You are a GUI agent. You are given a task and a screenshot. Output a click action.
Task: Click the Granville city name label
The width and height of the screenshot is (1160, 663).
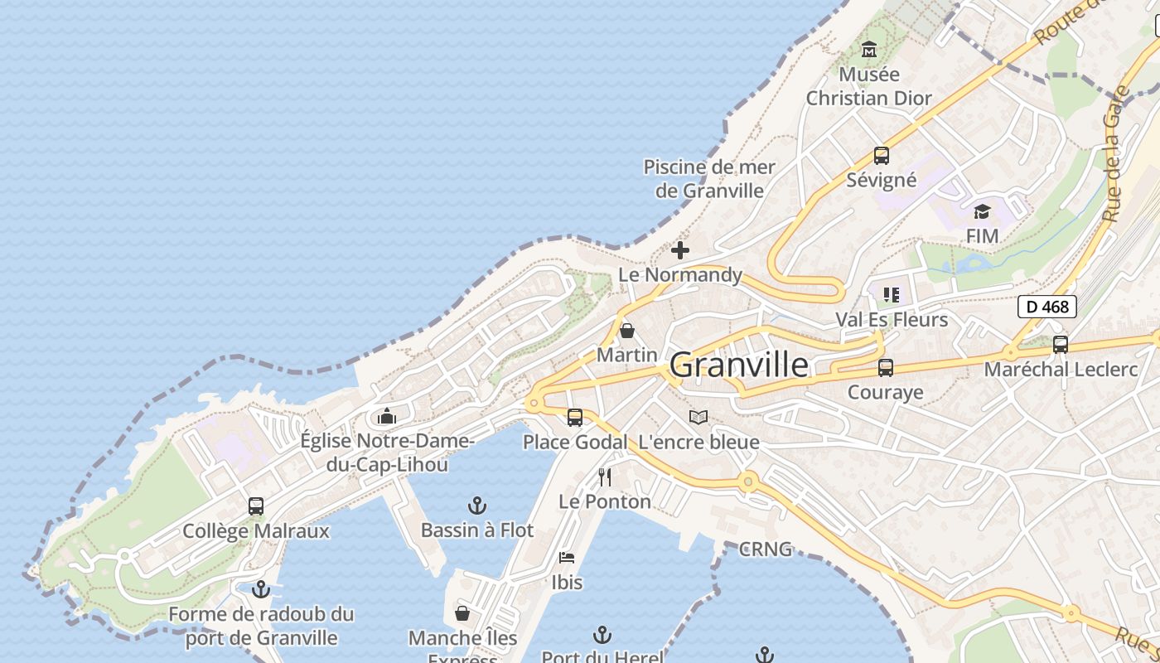point(738,365)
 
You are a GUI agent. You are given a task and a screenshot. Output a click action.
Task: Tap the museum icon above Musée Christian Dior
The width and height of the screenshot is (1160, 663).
point(869,50)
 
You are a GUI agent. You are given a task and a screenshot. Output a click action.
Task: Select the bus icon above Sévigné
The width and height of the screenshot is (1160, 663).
point(882,156)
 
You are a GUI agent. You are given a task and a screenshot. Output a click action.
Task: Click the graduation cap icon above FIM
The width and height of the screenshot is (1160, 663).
point(982,212)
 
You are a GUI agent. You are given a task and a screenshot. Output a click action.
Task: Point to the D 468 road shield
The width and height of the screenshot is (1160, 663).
point(1047,307)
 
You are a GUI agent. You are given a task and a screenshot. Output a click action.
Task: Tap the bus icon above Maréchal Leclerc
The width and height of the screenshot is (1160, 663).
point(1061,345)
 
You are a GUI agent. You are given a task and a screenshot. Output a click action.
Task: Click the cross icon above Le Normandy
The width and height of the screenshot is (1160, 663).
point(680,250)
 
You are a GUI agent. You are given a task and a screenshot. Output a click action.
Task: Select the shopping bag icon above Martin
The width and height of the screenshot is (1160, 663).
point(627,331)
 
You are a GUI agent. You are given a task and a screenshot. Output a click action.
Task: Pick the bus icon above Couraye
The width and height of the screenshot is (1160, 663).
point(886,368)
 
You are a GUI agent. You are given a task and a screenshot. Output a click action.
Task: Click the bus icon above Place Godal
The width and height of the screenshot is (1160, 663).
point(575,418)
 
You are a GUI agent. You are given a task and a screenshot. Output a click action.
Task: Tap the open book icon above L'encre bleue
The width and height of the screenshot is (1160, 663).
point(699,418)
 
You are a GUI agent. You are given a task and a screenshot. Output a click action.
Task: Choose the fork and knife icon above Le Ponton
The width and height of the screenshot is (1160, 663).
point(605,477)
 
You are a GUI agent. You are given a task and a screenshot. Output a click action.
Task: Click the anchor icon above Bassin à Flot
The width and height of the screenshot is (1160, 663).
point(477,506)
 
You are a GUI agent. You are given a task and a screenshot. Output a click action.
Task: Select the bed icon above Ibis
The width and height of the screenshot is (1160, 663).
point(567,558)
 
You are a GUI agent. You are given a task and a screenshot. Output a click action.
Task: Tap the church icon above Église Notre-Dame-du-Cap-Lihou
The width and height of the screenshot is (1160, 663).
point(387,416)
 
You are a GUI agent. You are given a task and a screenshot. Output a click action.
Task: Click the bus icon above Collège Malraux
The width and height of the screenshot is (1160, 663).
point(256,506)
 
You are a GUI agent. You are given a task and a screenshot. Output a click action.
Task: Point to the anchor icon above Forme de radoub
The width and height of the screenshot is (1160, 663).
point(261,590)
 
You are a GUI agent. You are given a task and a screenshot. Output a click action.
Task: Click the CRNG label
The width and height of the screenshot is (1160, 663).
point(766,549)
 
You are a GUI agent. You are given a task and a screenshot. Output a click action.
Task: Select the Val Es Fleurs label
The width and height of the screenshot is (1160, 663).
point(892,320)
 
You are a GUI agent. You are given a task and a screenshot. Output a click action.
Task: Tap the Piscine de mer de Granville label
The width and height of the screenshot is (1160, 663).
point(709,179)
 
